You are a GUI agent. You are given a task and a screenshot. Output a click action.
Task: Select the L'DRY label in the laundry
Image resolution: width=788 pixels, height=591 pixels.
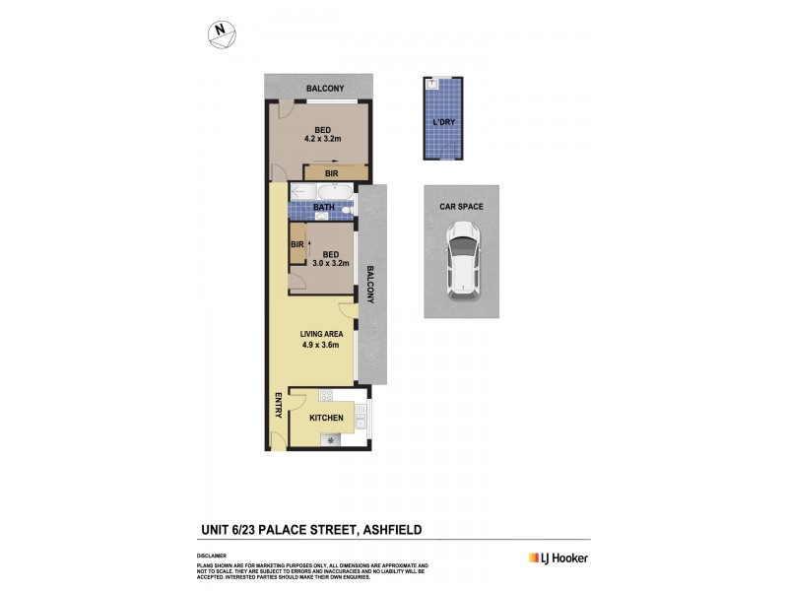(441, 123)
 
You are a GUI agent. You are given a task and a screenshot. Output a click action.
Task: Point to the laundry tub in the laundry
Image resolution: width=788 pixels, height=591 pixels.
(432, 85)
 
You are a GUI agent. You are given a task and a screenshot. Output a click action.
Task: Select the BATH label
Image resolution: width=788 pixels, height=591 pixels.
(323, 208)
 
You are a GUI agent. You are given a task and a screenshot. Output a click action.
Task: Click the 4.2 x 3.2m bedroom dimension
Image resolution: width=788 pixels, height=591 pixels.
(322, 140)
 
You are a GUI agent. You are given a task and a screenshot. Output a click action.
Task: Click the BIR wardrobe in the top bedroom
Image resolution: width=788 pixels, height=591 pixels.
(334, 173)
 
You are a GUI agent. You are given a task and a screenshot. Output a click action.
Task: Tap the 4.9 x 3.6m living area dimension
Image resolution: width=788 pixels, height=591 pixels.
(320, 345)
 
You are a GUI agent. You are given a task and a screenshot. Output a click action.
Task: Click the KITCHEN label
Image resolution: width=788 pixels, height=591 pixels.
(327, 418)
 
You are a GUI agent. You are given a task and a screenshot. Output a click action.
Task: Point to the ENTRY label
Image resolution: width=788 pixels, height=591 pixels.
(278, 405)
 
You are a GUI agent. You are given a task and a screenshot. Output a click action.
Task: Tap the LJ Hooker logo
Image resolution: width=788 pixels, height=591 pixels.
(559, 558)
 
